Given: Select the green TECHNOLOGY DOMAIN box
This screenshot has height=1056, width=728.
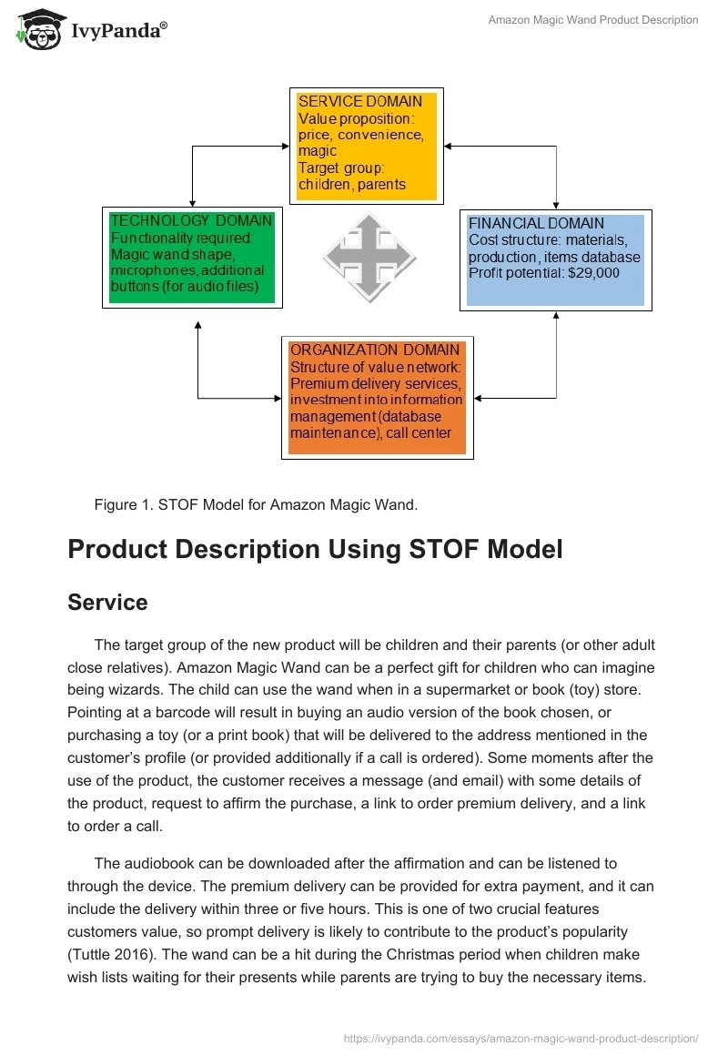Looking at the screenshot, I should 191,257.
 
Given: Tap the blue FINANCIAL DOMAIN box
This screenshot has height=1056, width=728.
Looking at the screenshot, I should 555,259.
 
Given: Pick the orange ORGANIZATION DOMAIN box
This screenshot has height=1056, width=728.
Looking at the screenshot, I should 377,397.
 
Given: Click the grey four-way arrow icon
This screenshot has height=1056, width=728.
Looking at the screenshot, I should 369,257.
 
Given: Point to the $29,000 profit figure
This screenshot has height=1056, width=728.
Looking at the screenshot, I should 597,273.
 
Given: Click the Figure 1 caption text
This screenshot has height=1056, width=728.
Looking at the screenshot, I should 256,505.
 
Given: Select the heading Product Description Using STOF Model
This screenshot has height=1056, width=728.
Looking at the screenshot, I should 315,550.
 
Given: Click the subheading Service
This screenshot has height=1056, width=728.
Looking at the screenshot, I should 107,602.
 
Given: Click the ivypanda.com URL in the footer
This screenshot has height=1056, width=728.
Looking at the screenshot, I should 521,1038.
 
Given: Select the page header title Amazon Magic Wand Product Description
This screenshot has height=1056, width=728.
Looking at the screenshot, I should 593,20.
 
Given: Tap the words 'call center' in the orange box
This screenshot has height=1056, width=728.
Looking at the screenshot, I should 419,433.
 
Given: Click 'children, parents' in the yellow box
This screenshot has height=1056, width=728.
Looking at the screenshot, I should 352,185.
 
